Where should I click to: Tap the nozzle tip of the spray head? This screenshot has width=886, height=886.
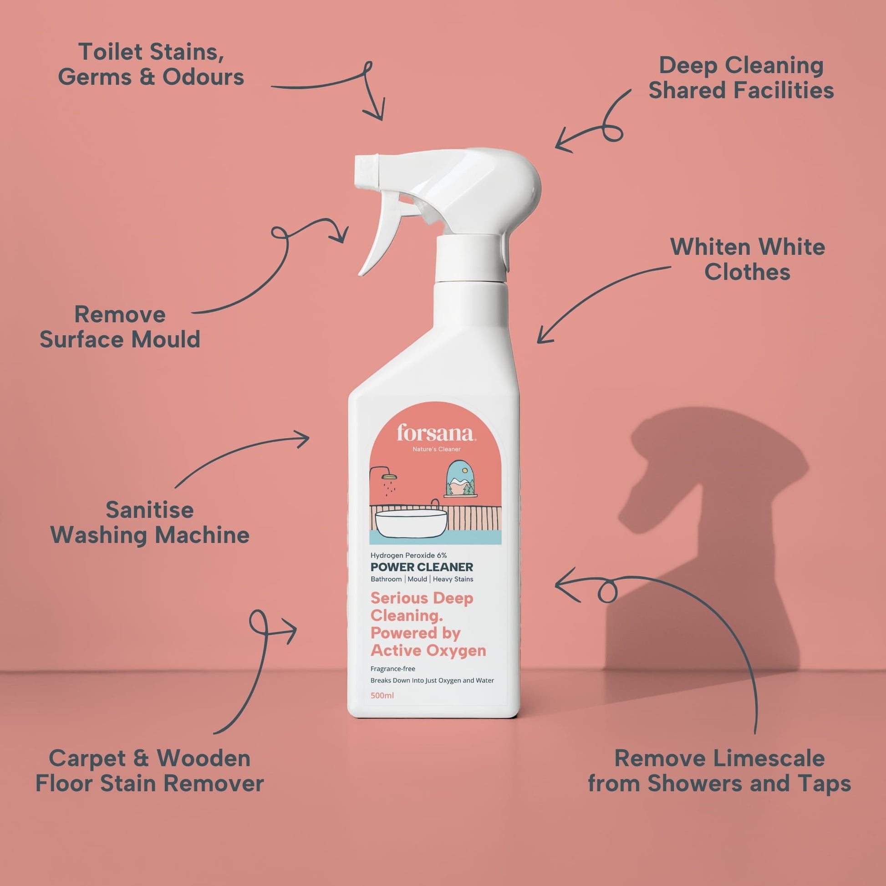click(x=362, y=172)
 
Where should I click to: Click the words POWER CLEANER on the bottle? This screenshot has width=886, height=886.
click(x=422, y=567)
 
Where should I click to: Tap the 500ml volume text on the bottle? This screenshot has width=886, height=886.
click(x=382, y=695)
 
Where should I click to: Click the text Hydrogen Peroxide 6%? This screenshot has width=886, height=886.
click(x=408, y=555)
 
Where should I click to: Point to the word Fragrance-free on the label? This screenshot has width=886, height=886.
click(x=392, y=669)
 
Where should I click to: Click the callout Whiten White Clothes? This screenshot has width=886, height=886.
click(x=748, y=260)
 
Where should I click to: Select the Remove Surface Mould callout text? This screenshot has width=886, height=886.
click(x=120, y=327)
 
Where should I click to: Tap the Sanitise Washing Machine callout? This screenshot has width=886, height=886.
click(x=149, y=522)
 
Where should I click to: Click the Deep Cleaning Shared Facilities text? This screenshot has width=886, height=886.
click(x=741, y=78)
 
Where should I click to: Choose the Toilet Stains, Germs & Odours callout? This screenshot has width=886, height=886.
click(x=151, y=64)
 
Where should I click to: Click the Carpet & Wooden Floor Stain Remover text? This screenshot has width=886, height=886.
click(x=149, y=771)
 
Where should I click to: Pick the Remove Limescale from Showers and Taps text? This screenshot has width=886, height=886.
click(x=719, y=771)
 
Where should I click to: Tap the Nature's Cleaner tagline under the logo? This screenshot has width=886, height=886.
click(x=437, y=449)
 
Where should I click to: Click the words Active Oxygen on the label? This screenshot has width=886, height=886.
click(x=428, y=651)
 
